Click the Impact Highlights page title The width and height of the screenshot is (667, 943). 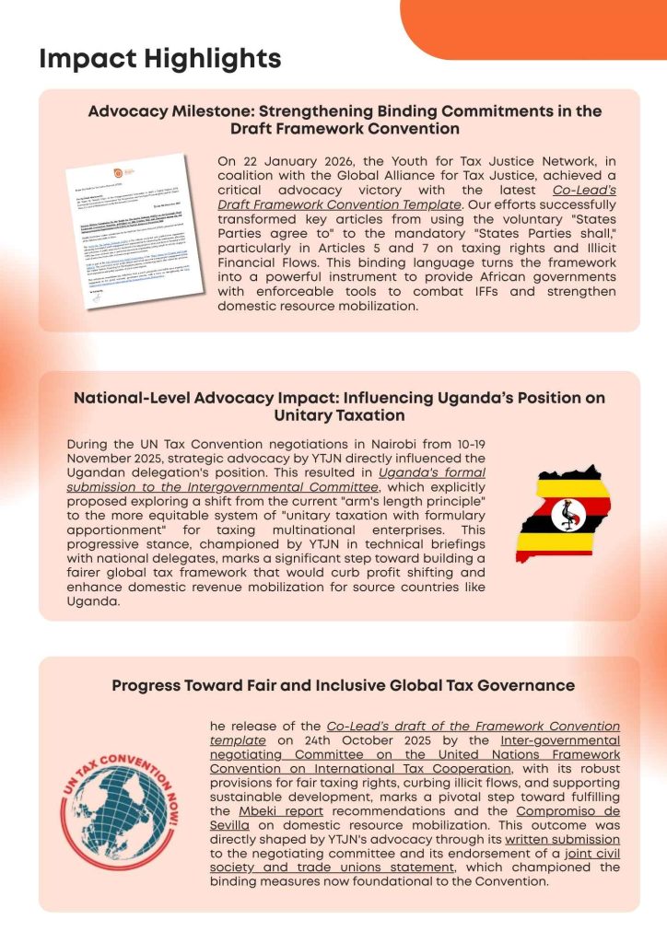click(x=160, y=60)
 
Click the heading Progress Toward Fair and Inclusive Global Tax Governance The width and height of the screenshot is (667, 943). click(x=343, y=685)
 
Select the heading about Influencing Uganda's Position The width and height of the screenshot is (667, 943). click(x=338, y=406)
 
